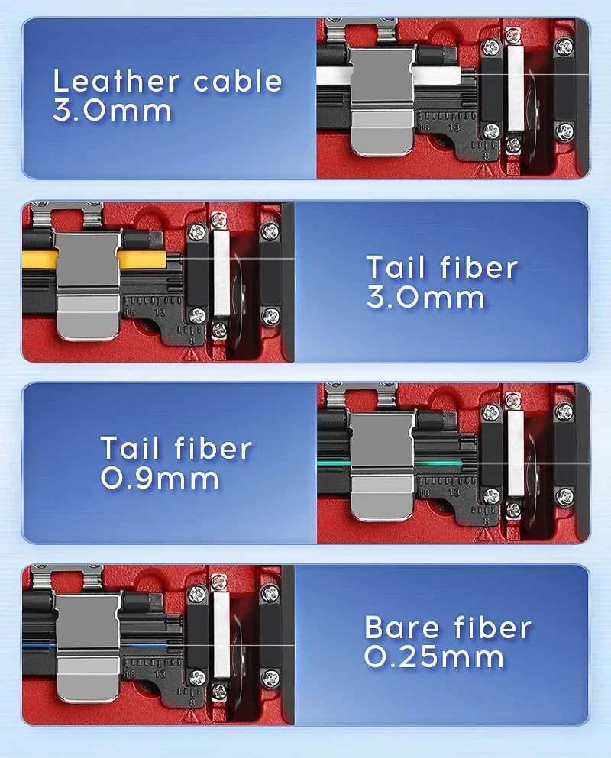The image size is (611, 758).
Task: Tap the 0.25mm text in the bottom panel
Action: (x=434, y=657)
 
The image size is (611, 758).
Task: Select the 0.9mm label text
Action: (x=160, y=479)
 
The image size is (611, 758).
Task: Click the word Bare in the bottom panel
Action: (x=403, y=627)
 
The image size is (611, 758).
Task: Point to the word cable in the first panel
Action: (x=238, y=81)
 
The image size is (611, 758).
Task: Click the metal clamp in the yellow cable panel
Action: (x=87, y=285)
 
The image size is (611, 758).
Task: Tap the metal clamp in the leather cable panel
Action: (x=381, y=102)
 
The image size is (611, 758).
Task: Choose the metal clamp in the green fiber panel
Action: (x=381, y=466)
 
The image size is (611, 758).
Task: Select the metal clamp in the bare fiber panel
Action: (x=87, y=648)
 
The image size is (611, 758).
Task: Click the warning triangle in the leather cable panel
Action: (x=483, y=169)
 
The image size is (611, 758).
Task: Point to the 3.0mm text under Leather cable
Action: (x=112, y=111)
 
